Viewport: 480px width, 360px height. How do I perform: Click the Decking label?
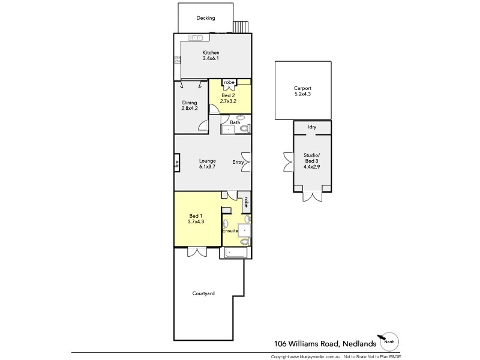pos(206,18)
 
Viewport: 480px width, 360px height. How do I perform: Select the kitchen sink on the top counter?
pos(196,38)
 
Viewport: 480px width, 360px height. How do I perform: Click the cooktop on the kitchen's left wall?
pos(178,59)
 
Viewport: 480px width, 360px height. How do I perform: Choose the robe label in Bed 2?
pos(229,83)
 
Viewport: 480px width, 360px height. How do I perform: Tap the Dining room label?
pos(190,103)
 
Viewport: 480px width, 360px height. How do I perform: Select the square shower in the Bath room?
pos(229,128)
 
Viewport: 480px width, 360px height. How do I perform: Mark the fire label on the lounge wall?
pos(178,163)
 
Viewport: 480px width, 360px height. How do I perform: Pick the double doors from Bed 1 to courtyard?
pos(196,252)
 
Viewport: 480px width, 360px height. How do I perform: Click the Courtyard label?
pos(203,293)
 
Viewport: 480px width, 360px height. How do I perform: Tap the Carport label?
pos(303,88)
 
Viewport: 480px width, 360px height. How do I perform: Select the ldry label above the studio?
pos(311,127)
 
